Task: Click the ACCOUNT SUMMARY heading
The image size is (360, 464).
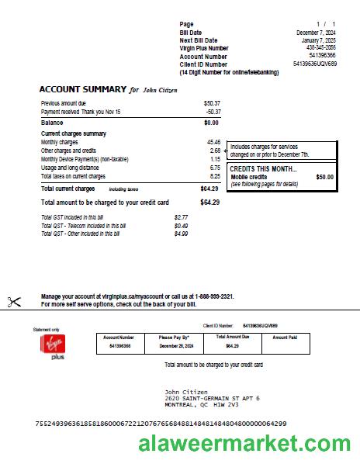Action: click(83, 90)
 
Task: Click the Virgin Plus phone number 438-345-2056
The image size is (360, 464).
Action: click(321, 48)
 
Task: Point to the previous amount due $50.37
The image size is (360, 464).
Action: click(212, 102)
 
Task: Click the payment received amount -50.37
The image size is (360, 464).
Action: click(213, 112)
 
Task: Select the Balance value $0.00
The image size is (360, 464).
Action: click(211, 123)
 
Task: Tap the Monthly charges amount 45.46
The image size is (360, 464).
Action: click(213, 142)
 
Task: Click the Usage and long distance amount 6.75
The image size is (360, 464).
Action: click(215, 168)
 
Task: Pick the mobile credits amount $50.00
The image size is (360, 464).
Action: click(324, 177)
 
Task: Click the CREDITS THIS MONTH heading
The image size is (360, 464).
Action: click(263, 169)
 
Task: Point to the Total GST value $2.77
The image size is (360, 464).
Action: click(181, 217)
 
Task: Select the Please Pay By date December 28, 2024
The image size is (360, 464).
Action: click(175, 345)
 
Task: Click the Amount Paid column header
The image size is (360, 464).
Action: click(285, 338)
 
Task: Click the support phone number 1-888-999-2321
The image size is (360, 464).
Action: click(213, 297)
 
